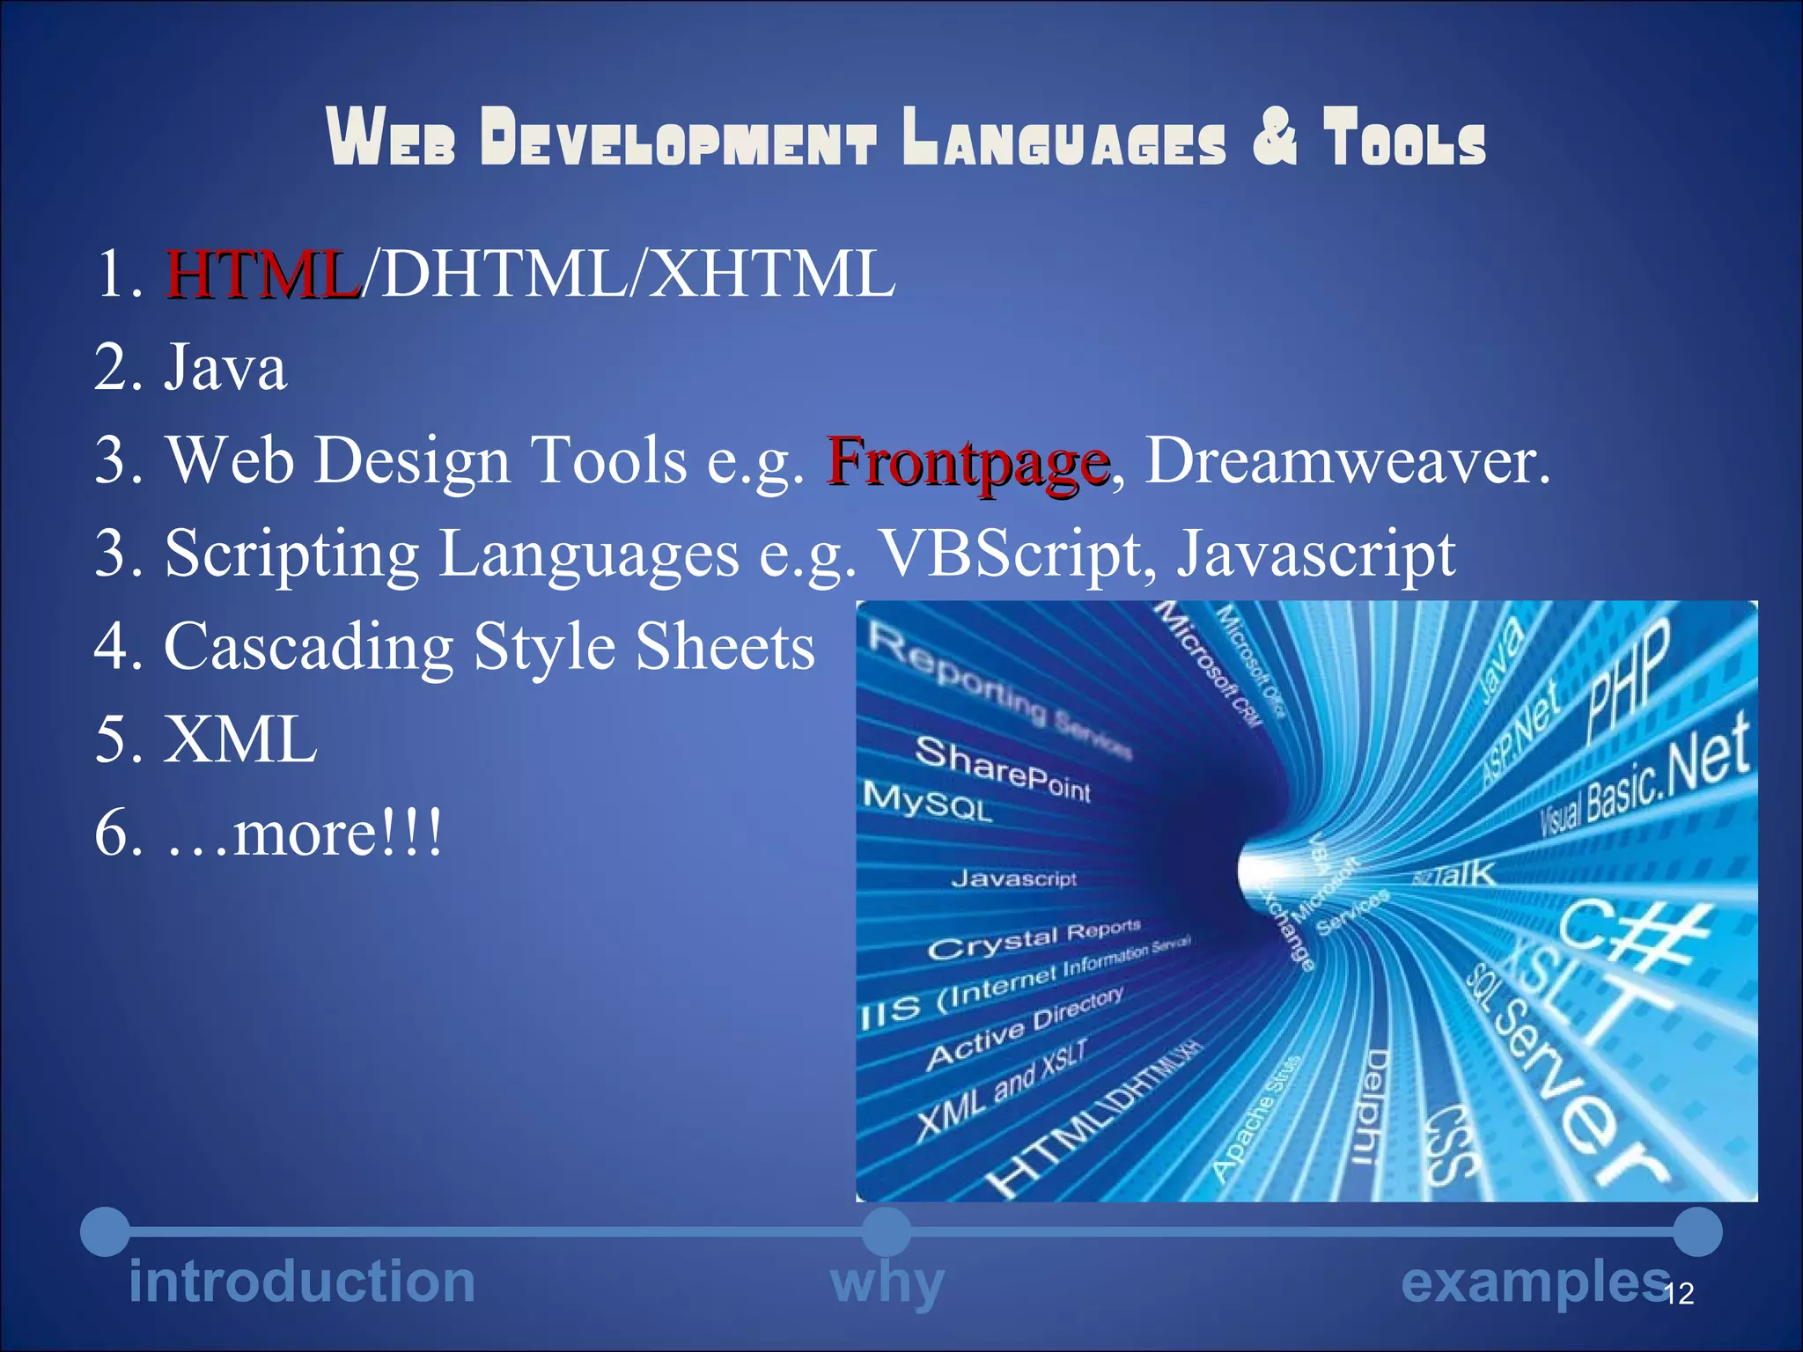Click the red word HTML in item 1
tap(262, 275)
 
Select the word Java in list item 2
tap(225, 368)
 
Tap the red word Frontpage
tap(967, 461)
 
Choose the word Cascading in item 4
tap(308, 648)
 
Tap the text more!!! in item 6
tap(338, 833)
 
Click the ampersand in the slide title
tap(1275, 136)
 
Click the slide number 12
tap(1680, 1293)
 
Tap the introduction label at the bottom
tap(302, 1282)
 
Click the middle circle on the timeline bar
tap(887, 1231)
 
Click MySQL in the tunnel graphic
tap(928, 801)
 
